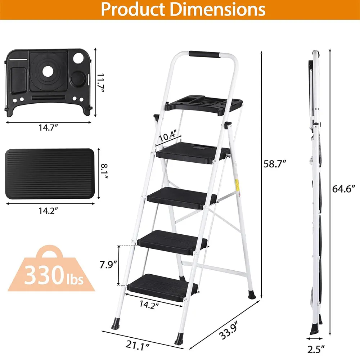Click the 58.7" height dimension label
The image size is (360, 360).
pyautogui.click(x=275, y=164)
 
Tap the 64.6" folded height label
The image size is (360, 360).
pyautogui.click(x=344, y=189)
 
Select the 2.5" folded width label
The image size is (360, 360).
pyautogui.click(x=316, y=350)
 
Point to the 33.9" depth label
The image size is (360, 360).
pyautogui.click(x=229, y=330)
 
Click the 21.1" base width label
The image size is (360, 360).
pyautogui.click(x=137, y=345)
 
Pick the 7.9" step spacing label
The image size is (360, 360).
pyautogui.click(x=108, y=265)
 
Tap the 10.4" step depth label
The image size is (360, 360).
pyautogui.click(x=168, y=136)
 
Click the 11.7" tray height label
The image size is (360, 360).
pyautogui.click(x=100, y=83)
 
